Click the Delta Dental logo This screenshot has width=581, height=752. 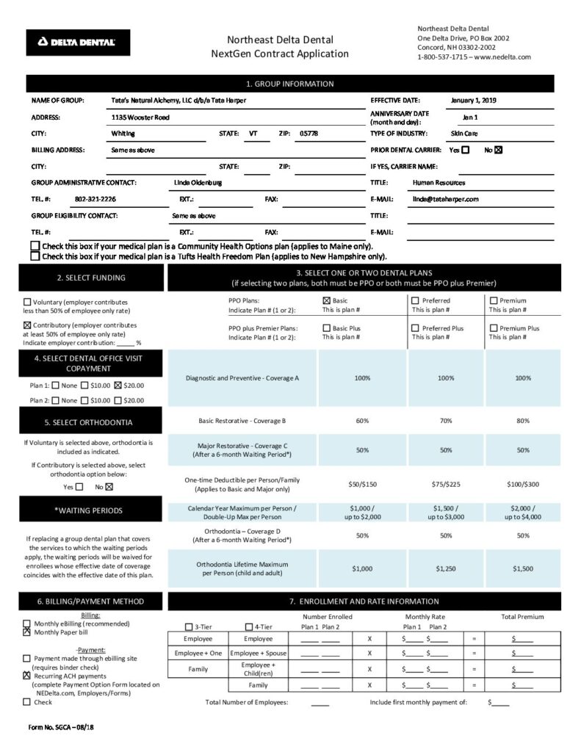79,43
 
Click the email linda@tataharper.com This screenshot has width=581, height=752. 446,199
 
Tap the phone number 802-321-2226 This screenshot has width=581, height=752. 95,199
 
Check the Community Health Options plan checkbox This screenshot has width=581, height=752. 35,246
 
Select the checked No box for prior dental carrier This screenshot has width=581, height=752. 499,151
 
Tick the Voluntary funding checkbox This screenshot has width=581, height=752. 28,302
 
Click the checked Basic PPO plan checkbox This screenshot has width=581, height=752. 327,300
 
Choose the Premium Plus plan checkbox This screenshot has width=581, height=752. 494,328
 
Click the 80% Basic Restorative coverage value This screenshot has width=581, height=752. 522,422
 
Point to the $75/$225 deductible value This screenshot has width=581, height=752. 445,484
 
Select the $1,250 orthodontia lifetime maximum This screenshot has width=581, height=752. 445,568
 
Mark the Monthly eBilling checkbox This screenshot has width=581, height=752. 27,623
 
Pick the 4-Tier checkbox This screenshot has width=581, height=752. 248,627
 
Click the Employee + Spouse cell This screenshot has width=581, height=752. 258,653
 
